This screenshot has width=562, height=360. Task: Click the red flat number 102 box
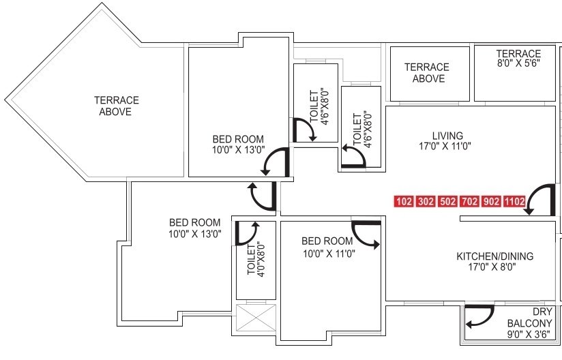404,202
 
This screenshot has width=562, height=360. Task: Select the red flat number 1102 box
514,202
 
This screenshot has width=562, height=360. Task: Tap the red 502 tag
447,202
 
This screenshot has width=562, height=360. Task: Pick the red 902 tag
490,202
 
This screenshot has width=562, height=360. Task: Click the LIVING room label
447,135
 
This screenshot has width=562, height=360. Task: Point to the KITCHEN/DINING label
494,256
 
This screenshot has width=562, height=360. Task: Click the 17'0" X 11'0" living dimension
447,146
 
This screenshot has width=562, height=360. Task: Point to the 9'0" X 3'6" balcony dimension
529,335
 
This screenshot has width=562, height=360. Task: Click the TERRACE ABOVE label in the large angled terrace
116,106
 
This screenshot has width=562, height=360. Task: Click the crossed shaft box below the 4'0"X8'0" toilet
256,318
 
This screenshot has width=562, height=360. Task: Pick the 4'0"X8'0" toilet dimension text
256,260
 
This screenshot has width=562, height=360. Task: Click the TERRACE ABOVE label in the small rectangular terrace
428,73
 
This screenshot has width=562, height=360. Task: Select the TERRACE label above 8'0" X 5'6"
518,54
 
